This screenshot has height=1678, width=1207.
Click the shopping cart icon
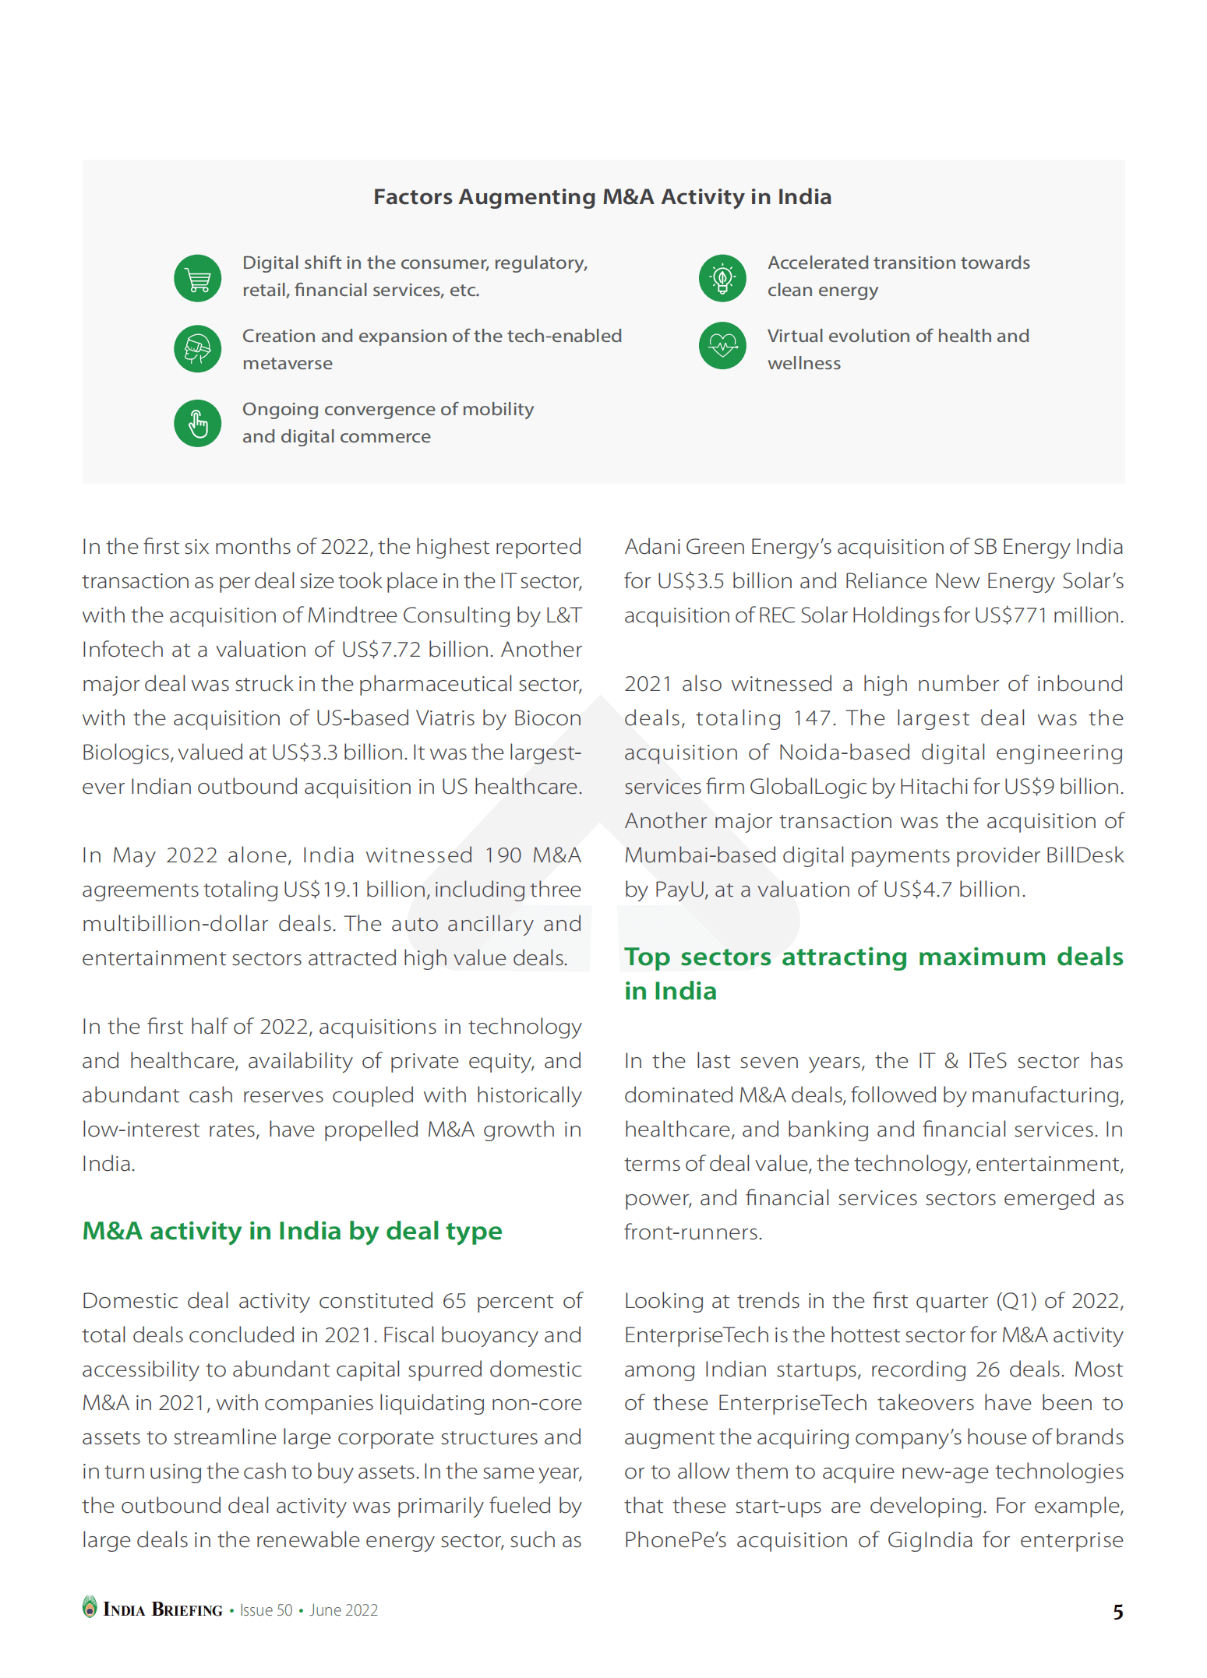pyautogui.click(x=197, y=278)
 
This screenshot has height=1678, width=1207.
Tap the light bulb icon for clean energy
pyautogui.click(x=722, y=278)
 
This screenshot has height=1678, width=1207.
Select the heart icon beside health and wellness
pyautogui.click(x=722, y=345)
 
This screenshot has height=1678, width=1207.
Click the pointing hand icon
pyautogui.click(x=197, y=424)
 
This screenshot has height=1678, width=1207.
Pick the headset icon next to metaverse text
pyautogui.click(x=197, y=349)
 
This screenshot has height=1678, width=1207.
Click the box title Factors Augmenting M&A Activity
pyautogui.click(x=602, y=197)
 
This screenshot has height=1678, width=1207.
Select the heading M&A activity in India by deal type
pyautogui.click(x=292, y=1231)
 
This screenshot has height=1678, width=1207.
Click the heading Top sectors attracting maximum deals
pyautogui.click(x=873, y=957)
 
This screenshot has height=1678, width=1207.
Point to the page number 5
pyautogui.click(x=1117, y=1611)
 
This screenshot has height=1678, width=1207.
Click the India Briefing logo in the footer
pyautogui.click(x=154, y=1609)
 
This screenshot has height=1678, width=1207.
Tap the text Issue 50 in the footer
pyautogui.click(x=266, y=1610)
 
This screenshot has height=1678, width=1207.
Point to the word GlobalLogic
pyautogui.click(x=808, y=787)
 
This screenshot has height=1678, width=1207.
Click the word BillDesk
pyautogui.click(x=1084, y=855)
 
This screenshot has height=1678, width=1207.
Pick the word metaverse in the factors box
pyautogui.click(x=287, y=364)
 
